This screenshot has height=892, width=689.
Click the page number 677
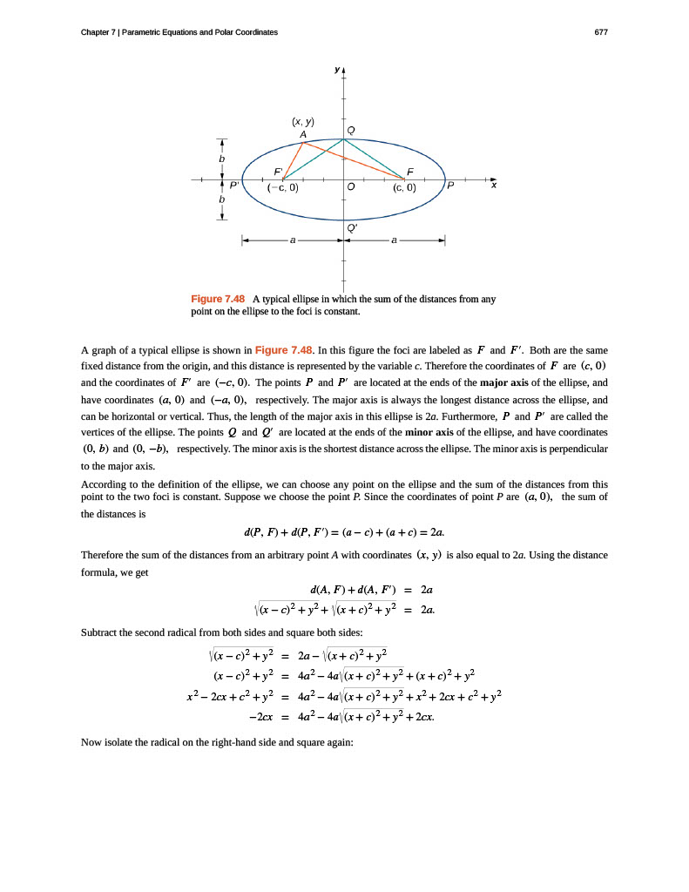point(600,32)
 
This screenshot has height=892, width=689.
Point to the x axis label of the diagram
point(493,186)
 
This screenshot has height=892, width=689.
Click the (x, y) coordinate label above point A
point(302,123)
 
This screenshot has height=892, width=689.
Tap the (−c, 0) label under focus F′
point(282,187)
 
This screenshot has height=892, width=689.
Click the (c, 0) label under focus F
point(404,187)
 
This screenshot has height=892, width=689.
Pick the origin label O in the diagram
point(350,187)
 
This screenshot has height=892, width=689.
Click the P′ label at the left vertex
point(233,186)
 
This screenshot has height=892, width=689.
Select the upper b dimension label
point(222,160)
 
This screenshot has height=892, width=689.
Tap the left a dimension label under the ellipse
point(293,239)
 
